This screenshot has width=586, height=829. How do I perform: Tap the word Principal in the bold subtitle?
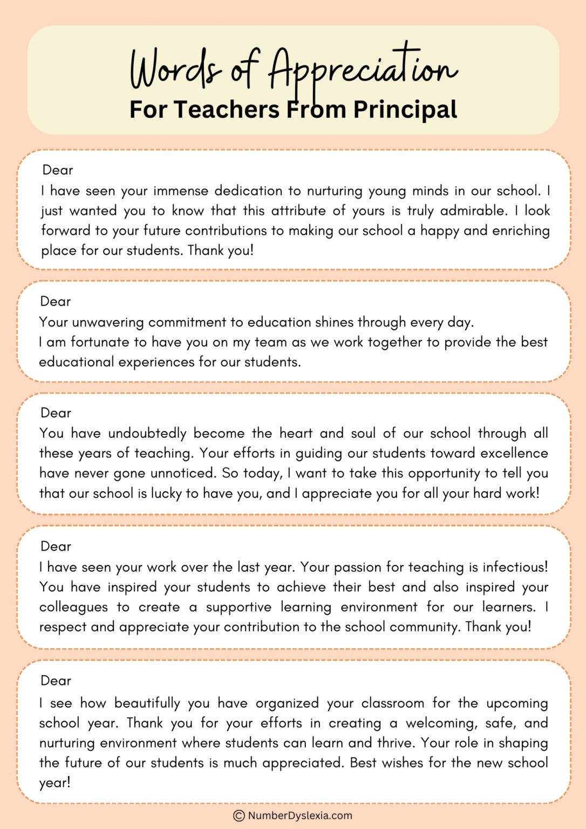[405, 110]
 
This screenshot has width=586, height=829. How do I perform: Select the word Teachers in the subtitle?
[227, 110]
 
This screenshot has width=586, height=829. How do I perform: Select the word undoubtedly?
[147, 433]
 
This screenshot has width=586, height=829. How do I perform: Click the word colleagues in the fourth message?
[73, 607]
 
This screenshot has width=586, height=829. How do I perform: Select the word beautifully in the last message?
[147, 703]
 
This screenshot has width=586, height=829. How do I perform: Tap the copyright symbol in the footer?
[239, 816]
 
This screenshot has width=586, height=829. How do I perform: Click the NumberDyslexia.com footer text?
[300, 816]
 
